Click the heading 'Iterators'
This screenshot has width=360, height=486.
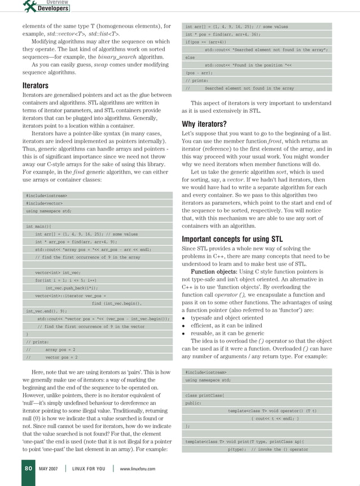click(35, 86)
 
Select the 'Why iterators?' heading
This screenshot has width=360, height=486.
click(204, 124)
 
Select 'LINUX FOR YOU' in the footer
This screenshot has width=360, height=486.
click(89, 469)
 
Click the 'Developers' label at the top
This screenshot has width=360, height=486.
click(53, 8)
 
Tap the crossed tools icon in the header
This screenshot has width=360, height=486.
click(30, 6)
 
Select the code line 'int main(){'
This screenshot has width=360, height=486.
click(38, 226)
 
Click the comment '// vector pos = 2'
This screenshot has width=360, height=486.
click(52, 357)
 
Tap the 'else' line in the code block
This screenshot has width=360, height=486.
click(190, 58)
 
